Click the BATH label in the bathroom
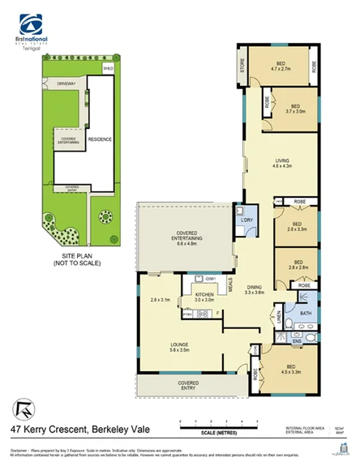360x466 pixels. [x=305, y=313]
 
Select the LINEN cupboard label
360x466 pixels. [x=279, y=323]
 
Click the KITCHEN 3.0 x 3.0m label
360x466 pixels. [x=204, y=297]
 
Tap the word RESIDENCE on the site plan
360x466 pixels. [x=100, y=139]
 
